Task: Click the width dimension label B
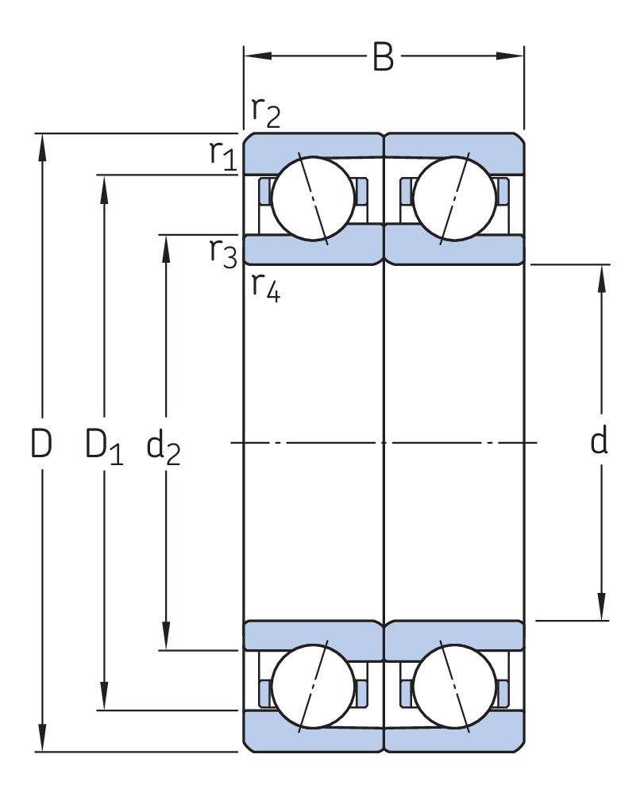click(x=383, y=57)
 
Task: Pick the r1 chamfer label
click(x=223, y=156)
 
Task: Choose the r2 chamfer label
click(x=266, y=113)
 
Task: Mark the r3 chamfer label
click(x=223, y=252)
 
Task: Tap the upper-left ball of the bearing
click(x=312, y=197)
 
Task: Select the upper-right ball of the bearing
click(x=454, y=197)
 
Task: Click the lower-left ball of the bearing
click(x=312, y=687)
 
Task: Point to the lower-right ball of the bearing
click(x=454, y=687)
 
